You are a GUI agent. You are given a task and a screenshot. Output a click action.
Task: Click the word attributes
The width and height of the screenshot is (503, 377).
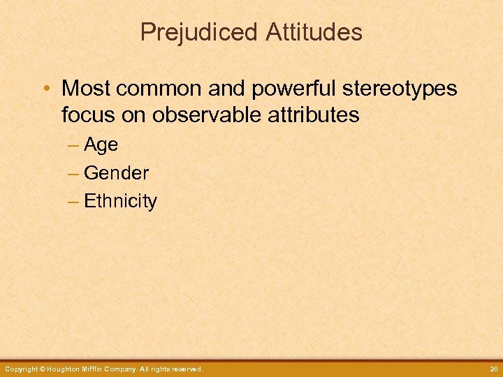coord(312,114)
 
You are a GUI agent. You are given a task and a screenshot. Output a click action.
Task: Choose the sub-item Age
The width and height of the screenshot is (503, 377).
coord(101,145)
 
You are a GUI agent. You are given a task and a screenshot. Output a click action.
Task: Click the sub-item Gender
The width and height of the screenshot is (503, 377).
coord(116,173)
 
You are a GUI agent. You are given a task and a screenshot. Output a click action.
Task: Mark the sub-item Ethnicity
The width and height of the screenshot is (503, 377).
coord(120,202)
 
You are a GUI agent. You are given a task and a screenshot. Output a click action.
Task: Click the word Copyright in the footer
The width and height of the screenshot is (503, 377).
coord(22,369)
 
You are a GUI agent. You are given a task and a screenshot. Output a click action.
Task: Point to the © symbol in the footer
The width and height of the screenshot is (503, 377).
coord(43,369)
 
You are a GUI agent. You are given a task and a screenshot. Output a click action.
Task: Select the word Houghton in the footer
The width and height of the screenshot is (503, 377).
coord(66,369)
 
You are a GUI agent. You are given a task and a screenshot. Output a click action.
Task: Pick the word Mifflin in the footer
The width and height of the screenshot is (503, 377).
coord(98,369)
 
